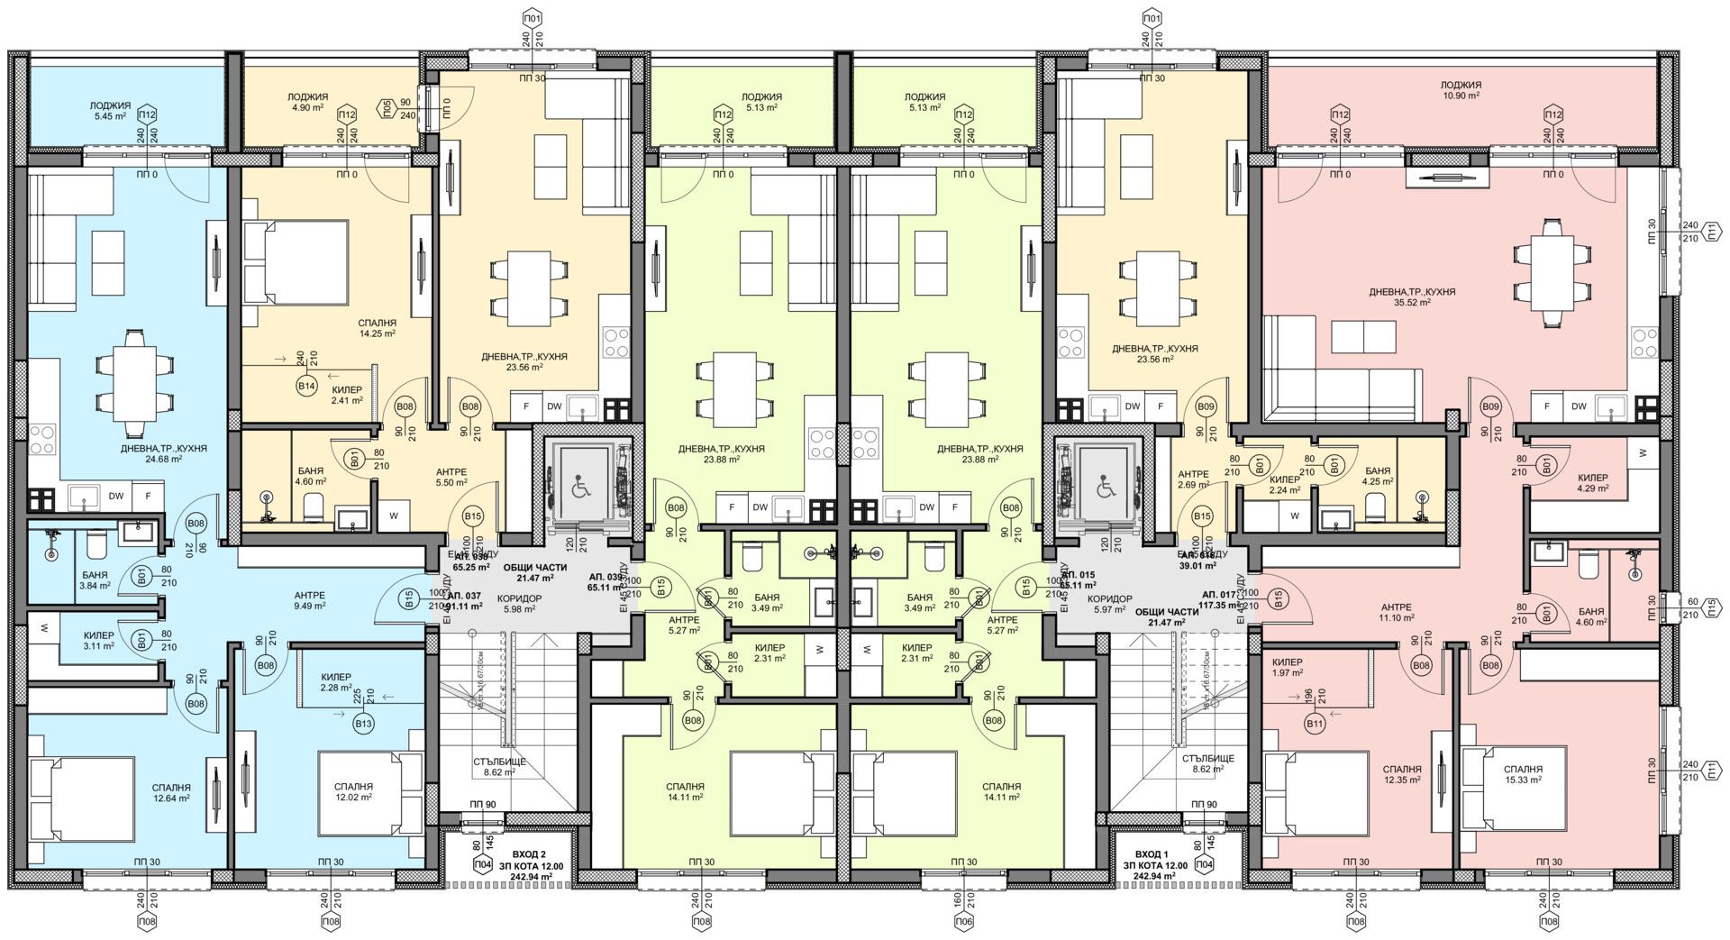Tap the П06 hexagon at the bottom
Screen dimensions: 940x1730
click(x=964, y=922)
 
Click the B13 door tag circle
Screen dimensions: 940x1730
click(x=363, y=723)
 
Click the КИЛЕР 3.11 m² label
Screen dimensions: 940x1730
click(x=99, y=640)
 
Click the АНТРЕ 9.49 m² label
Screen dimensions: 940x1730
click(x=310, y=600)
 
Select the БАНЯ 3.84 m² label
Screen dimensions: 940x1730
click(x=94, y=580)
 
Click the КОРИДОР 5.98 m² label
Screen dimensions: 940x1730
click(x=520, y=603)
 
